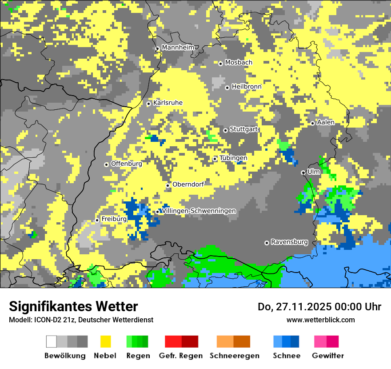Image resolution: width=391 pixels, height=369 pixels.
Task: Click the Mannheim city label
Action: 178,48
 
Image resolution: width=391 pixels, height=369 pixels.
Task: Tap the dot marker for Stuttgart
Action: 226,130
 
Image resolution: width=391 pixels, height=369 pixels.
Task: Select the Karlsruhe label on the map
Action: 168,103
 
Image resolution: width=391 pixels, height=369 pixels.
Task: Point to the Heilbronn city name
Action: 247,87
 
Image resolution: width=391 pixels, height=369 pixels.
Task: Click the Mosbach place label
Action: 239,63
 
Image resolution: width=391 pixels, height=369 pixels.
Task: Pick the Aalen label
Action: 326,122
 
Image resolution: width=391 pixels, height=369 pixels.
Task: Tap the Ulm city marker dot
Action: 303,172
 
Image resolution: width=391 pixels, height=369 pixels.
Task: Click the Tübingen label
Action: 233,158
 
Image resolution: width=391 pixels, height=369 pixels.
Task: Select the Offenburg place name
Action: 127,164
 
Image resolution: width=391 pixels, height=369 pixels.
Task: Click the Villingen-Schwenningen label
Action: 199,211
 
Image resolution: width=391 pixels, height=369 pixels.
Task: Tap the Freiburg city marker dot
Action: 97,220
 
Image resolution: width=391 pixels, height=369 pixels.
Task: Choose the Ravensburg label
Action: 289,242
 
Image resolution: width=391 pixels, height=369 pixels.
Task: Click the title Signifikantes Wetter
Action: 73,307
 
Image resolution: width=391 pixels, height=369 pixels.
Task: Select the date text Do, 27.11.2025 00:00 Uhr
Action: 319,307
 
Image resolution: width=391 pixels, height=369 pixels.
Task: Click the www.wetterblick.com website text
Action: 320,320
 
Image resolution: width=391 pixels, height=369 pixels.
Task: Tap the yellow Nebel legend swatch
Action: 106,341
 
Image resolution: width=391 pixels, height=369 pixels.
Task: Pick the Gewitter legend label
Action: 328,356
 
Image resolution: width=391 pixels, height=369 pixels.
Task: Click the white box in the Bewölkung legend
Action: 52,341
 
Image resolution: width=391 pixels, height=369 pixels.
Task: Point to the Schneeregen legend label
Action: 235,356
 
